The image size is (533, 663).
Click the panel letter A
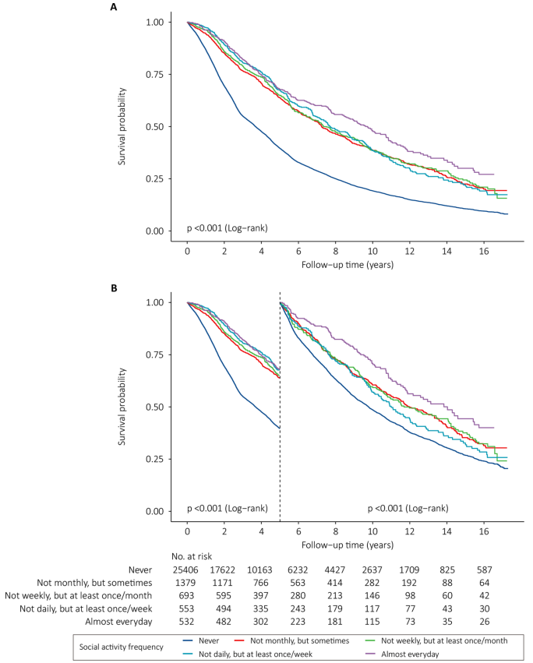[x=113, y=7]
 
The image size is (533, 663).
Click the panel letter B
[x=113, y=288]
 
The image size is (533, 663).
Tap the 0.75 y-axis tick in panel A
[x=155, y=75]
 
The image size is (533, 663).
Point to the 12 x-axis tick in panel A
[x=409, y=251]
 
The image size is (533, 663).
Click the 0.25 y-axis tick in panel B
[x=155, y=459]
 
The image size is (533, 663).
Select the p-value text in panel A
[x=228, y=228]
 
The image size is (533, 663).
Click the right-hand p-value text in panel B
[x=408, y=508]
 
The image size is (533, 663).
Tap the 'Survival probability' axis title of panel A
[x=122, y=126]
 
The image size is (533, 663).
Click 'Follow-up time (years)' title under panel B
[x=348, y=545]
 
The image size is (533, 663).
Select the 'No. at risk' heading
[x=192, y=556]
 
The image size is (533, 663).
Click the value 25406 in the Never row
[x=185, y=570]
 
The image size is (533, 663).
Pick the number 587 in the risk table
[x=485, y=570]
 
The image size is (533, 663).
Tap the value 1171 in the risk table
[x=223, y=583]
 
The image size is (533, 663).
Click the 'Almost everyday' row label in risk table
[x=118, y=622]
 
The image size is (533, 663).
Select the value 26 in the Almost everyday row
[x=485, y=622]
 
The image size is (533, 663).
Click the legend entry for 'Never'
[x=201, y=641]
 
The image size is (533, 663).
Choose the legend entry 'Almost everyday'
[x=402, y=654]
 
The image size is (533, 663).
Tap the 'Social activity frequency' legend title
[x=122, y=647]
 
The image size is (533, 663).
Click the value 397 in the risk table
[x=259, y=596]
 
